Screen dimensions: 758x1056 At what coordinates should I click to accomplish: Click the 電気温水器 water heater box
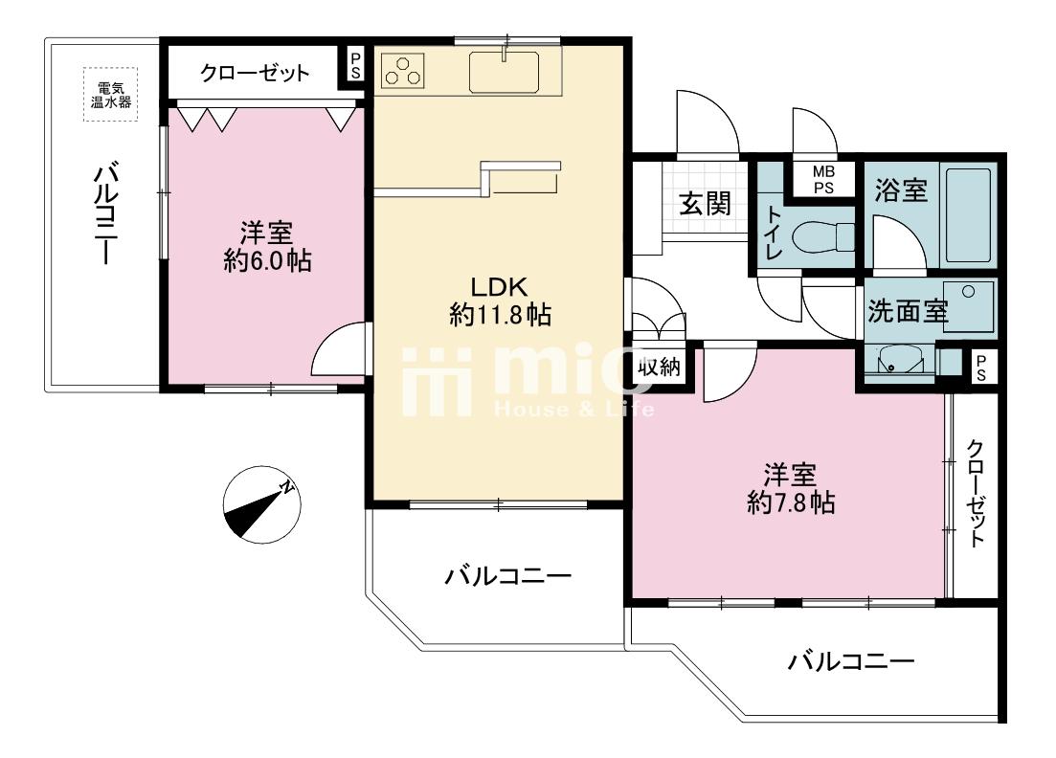[x=108, y=94]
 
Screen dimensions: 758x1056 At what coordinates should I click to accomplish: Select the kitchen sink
[x=505, y=72]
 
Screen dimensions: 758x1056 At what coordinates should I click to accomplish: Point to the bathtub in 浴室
[x=968, y=215]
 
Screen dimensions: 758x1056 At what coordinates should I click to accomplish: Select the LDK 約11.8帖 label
[x=499, y=301]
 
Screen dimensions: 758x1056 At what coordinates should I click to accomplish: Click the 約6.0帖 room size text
[x=267, y=260]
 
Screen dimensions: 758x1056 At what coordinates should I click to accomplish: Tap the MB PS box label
[x=823, y=180]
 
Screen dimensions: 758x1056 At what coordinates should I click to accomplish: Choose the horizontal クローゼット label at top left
[x=255, y=73]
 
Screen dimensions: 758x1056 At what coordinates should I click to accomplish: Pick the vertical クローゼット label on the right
[x=975, y=493]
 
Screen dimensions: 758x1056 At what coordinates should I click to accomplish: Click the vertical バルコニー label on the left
[x=105, y=215]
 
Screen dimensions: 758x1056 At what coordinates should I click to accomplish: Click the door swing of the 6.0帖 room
[x=340, y=352]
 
